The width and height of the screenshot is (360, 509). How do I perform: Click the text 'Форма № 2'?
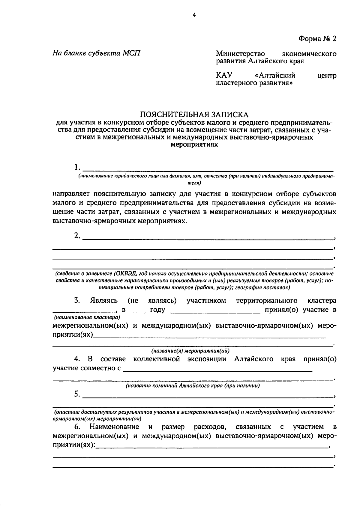tap(317, 39)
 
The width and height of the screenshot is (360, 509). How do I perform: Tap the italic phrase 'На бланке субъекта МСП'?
tap(96, 53)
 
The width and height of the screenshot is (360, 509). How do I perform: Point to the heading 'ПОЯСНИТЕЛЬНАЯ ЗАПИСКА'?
tap(195, 115)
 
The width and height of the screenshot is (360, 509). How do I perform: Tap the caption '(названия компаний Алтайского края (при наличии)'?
tap(193, 385)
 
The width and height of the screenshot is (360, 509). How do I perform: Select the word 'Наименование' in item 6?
tap(114, 427)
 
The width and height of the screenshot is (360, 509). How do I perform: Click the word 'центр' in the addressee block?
tap(327, 75)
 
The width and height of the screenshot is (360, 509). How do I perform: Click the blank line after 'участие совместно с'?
tap(217, 370)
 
